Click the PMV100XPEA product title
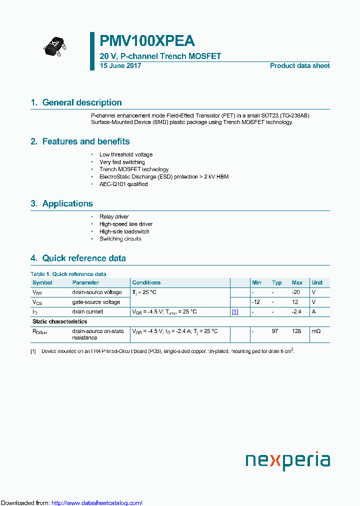pos(147,41)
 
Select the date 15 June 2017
pos(120,66)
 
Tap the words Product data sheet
pos(299,66)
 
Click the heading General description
pos(81,102)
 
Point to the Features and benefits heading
pos(85,141)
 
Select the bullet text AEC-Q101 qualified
pos(123,184)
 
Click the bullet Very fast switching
pos(122,162)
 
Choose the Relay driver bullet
pos(114,217)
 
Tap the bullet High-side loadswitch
pos(124,231)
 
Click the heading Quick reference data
pos(83,258)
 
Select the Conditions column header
pos(146,282)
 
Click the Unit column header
pos(317,282)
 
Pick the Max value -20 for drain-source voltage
pos(296,292)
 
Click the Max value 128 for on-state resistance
pos(296,331)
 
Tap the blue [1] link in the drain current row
pos(234,311)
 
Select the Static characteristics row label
pos(59,321)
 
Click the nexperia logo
pos(287,460)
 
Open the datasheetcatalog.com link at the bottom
pos(97,502)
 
